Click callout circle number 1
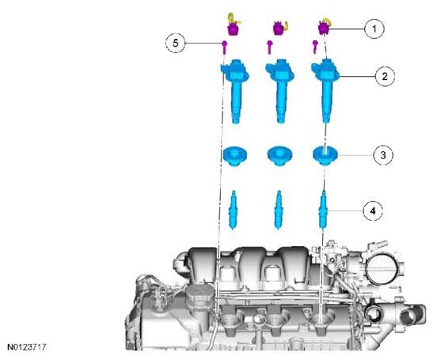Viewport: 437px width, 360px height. coord(374,28)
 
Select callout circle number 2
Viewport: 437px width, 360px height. coord(385,76)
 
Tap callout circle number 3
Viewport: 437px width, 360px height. coord(383,155)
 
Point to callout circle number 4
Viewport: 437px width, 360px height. coord(373,211)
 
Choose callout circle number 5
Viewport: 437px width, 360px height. coord(175,43)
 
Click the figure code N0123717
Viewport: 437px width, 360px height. coord(26,347)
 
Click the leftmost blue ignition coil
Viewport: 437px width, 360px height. coord(235,90)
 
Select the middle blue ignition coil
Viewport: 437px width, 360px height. coord(280,90)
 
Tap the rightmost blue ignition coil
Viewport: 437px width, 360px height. coord(325,90)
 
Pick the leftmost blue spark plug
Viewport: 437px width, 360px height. coord(233,210)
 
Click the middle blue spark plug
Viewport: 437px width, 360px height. coord(278,210)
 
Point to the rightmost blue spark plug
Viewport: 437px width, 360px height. coord(323,210)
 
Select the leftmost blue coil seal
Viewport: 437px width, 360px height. coord(235,156)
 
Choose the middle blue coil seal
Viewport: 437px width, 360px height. coord(279,156)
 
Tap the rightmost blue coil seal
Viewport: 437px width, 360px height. coord(325,156)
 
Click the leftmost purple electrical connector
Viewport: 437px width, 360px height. coord(233,28)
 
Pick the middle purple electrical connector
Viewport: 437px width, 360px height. coord(278,28)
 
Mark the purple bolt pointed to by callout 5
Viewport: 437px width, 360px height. coord(224,47)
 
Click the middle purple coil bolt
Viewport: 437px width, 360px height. coord(269,47)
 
